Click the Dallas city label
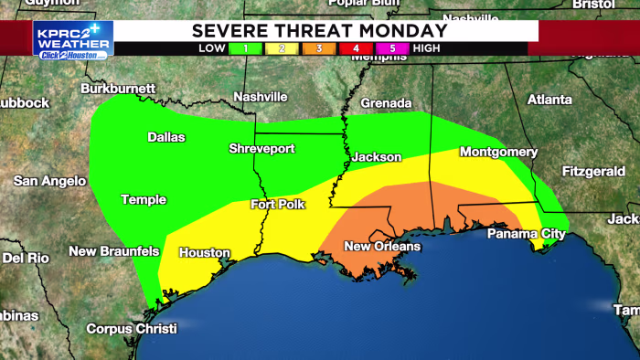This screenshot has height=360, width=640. click(166, 137)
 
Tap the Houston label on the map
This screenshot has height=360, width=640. click(198, 252)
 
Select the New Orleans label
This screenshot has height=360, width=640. click(382, 247)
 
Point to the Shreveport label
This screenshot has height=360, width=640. click(261, 148)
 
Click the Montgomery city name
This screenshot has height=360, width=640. click(498, 152)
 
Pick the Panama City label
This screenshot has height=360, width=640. click(526, 234)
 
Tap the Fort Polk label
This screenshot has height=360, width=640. click(278, 205)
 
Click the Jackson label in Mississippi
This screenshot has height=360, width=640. click(377, 157)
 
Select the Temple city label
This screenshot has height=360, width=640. click(144, 199)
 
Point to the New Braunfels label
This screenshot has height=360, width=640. click(114, 251)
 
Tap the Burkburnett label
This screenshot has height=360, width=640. click(118, 89)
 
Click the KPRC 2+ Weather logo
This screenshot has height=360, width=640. click(72, 39)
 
